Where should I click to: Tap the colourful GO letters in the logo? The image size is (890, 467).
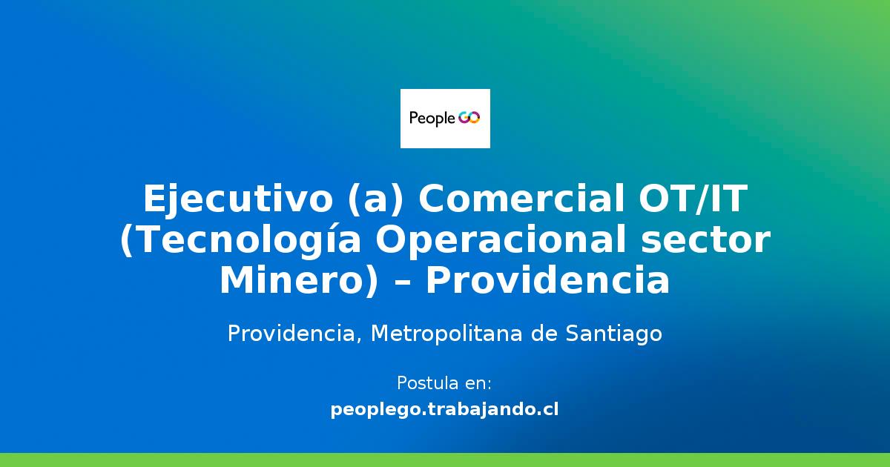point(469,118)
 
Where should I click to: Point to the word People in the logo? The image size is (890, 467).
point(432,119)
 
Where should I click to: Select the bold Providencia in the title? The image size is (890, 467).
point(547,282)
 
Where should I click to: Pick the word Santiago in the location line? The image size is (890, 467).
point(614,334)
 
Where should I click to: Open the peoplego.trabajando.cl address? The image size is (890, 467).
point(445,409)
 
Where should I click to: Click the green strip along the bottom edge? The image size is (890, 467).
point(445,460)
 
